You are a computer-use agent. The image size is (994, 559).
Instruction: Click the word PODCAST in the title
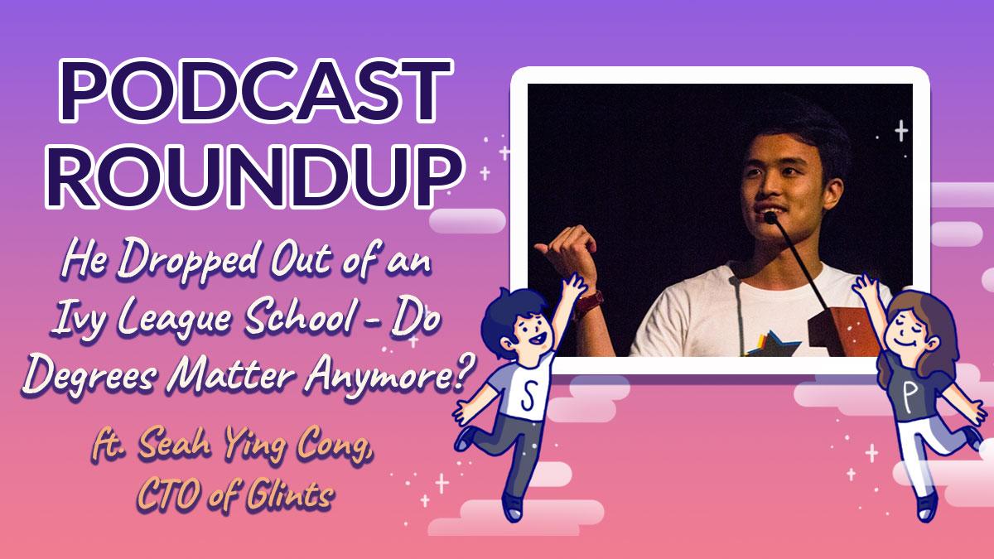(255, 92)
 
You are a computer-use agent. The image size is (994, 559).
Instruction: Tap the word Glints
(290, 492)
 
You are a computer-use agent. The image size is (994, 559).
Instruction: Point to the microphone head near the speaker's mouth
(770, 217)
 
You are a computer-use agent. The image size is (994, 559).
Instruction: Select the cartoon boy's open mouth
(538, 339)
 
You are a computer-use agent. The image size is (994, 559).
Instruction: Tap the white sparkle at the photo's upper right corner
(901, 131)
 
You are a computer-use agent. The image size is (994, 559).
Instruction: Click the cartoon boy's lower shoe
(514, 508)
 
